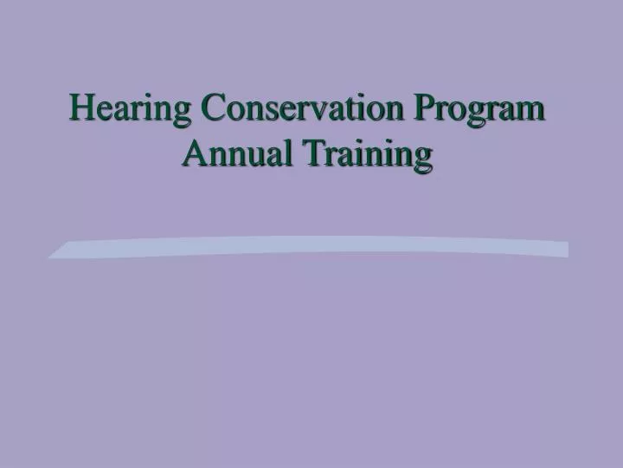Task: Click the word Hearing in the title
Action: [x=130, y=110]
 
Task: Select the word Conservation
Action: [x=302, y=110]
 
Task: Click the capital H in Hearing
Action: [x=82, y=110]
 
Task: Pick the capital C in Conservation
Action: [x=212, y=110]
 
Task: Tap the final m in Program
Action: [x=532, y=114]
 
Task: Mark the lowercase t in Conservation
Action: [x=344, y=112]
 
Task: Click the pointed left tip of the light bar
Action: [x=50, y=256]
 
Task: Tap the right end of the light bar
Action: [x=567, y=250]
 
